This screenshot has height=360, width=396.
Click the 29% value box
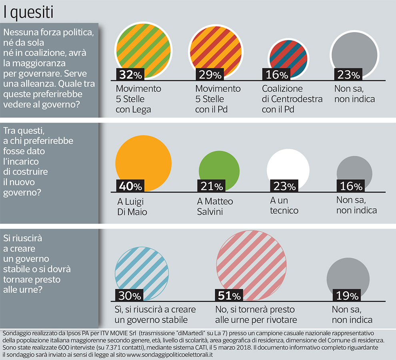pos(208,74)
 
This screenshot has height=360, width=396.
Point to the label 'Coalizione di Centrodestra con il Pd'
pos(292,99)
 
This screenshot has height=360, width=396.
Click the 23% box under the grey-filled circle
pos(346,74)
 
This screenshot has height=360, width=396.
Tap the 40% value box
pos(130,186)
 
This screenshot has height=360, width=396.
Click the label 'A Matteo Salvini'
pos(215,206)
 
